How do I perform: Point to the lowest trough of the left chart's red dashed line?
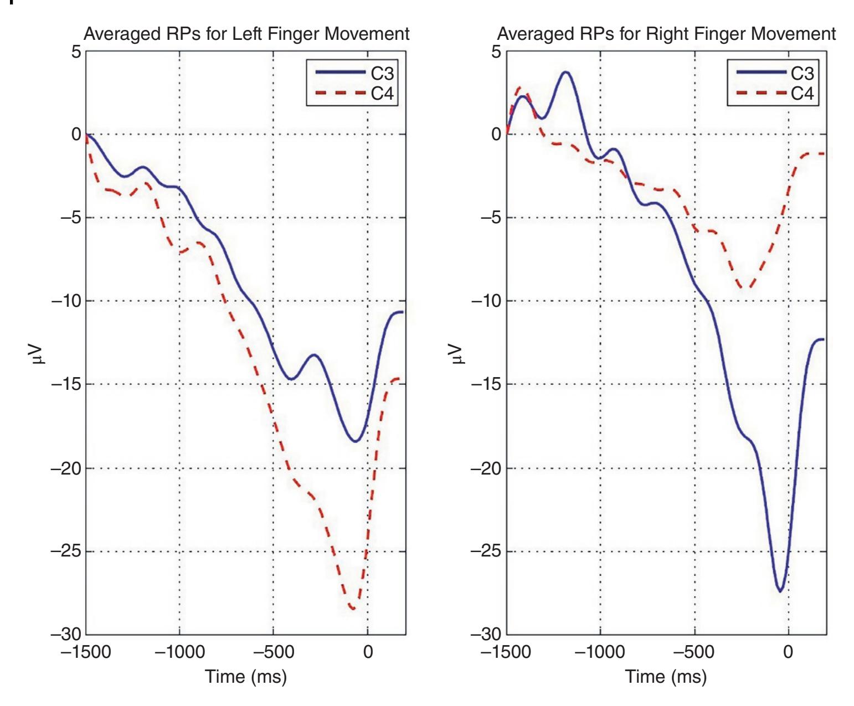coord(352,609)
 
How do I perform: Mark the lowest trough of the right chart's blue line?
coord(780,591)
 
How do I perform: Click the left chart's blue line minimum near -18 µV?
coord(356,441)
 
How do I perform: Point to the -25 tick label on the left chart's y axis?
coord(66,552)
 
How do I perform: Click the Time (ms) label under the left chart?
coord(246,677)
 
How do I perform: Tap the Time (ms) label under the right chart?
coord(666,677)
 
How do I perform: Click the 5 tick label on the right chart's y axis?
coord(496,51)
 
